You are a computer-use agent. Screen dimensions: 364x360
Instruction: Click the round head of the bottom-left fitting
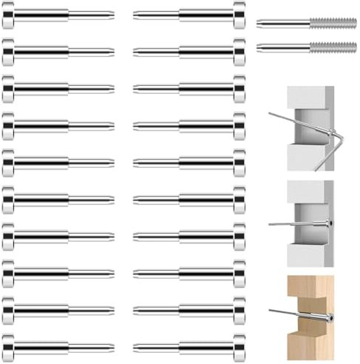pos(7,346)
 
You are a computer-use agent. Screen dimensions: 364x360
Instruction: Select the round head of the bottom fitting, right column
pos(240,346)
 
